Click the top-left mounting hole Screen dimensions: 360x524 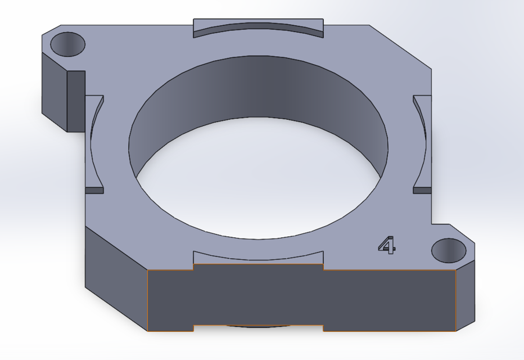click(x=67, y=43)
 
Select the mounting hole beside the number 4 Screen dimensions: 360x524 click(x=449, y=250)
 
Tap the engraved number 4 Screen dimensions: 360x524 click(x=386, y=245)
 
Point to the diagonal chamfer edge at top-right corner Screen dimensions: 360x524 click(x=401, y=47)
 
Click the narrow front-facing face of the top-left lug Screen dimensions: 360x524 click(x=76, y=101)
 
